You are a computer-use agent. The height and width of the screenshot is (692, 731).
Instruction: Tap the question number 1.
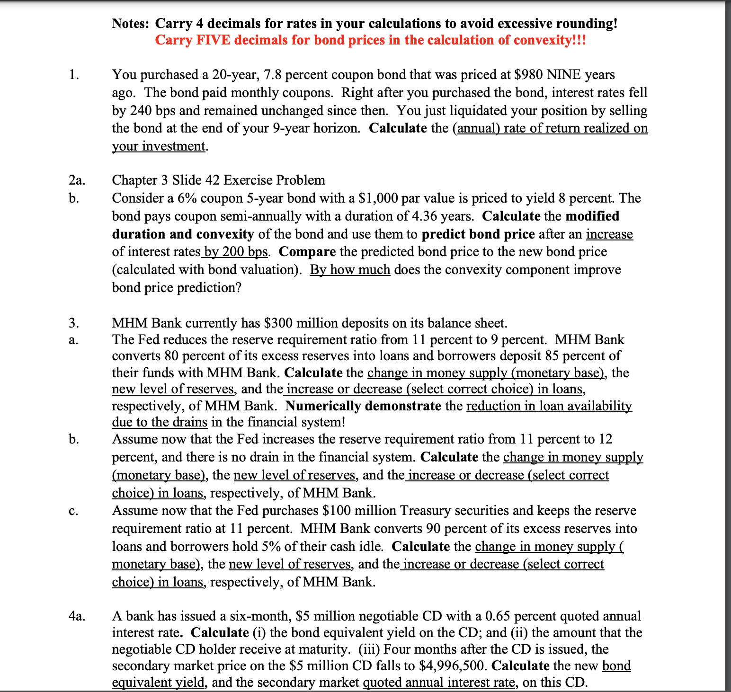tap(74, 75)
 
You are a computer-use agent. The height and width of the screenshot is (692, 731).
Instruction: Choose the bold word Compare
tap(307, 252)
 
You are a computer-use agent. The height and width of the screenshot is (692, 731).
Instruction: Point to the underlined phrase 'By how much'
tap(350, 270)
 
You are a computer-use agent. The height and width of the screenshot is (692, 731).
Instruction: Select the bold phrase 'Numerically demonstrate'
tap(363, 406)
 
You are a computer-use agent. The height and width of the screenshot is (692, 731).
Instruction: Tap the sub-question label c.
tap(72, 511)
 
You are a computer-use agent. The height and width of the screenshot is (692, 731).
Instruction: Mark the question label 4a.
tap(77, 616)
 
